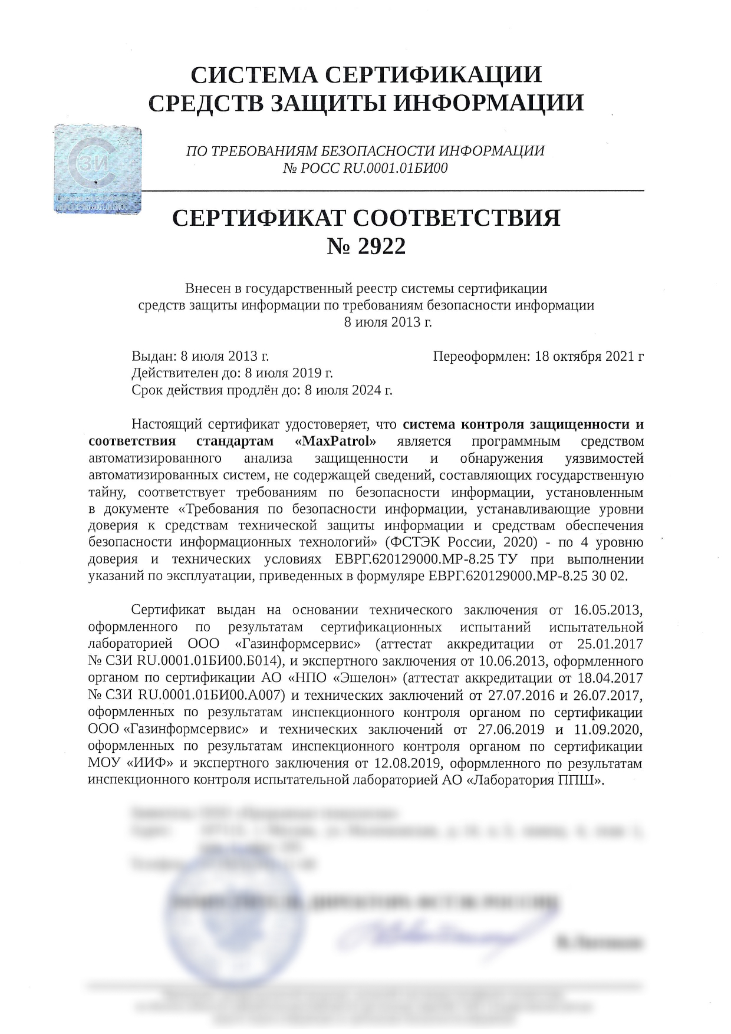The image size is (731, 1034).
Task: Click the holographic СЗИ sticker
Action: click(98, 169)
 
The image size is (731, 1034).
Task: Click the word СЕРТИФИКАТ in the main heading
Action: click(259, 218)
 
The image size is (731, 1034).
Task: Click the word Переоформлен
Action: click(480, 356)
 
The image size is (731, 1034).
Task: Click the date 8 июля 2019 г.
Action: click(289, 373)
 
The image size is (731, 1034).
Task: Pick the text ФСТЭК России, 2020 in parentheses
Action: click(460, 542)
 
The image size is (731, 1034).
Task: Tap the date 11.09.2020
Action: click(607, 729)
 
